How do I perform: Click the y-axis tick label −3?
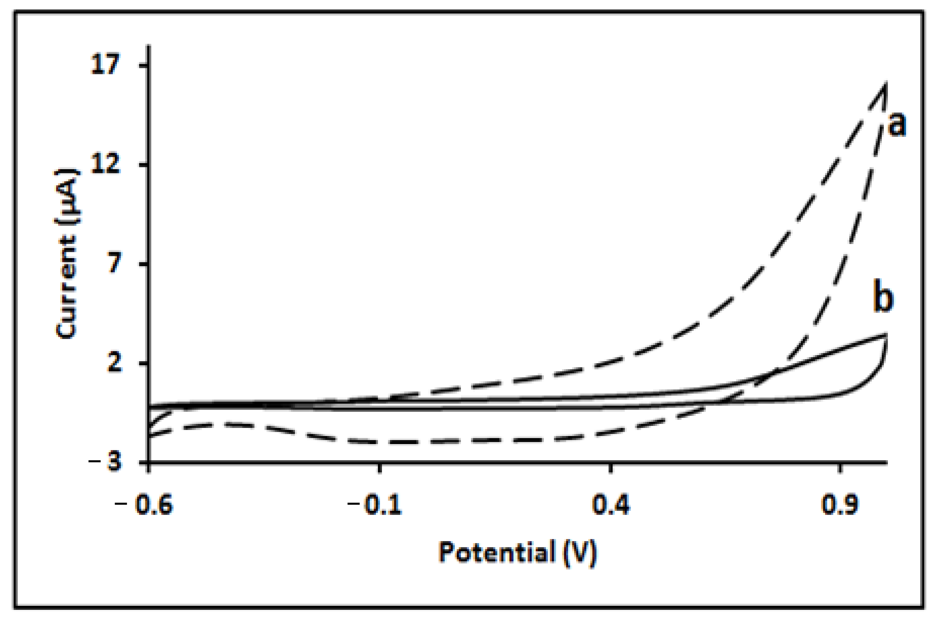point(105,462)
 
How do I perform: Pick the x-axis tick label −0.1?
point(375,506)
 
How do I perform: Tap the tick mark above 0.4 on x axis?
point(611,468)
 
